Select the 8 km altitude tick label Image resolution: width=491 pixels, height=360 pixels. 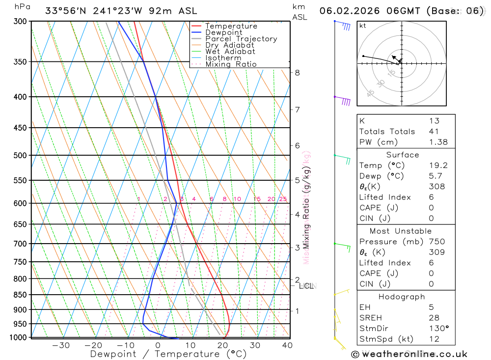coord(297,73)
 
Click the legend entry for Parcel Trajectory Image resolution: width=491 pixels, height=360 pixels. coord(241,39)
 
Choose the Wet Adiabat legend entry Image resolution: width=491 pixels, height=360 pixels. coord(230,52)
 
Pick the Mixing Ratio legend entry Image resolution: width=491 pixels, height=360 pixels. coord(231,64)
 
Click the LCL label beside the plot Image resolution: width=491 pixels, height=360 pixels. coord(306,286)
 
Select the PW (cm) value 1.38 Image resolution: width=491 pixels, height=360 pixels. coord(438,142)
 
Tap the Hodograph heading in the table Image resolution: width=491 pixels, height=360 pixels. coord(402,297)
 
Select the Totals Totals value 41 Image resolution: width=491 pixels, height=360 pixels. coord(434,132)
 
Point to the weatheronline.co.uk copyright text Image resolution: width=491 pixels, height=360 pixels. coord(409,354)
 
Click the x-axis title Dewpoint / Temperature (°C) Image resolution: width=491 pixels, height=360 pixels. coord(168,354)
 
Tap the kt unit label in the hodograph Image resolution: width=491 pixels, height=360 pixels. coord(363,26)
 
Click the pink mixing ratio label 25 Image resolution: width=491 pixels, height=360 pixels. coord(283,199)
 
